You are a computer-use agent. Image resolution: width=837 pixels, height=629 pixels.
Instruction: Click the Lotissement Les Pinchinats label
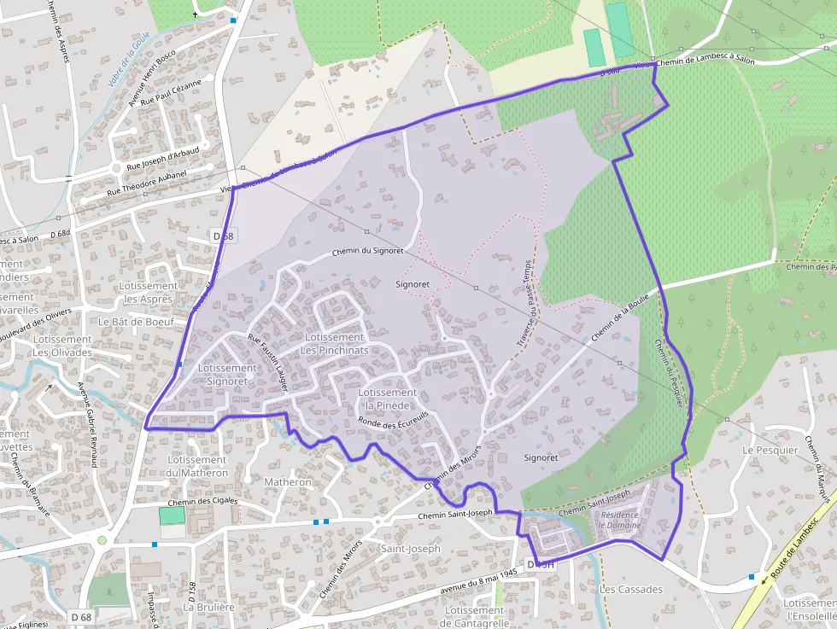[335, 344]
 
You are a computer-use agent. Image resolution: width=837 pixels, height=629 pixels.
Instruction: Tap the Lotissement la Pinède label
[388, 399]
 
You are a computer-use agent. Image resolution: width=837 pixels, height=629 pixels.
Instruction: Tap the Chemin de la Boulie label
[620, 321]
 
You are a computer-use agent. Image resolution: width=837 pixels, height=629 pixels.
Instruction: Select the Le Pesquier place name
[770, 450]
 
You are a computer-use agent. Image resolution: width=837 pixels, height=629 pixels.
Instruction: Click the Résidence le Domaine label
[620, 520]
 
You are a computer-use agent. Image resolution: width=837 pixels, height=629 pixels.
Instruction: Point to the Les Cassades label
[631, 590]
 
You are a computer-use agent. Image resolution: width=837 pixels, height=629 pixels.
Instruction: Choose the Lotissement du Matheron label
[198, 466]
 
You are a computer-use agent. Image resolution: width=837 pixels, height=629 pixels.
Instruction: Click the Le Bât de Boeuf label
[136, 322]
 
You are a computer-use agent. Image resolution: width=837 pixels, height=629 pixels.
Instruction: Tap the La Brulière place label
[209, 607]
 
